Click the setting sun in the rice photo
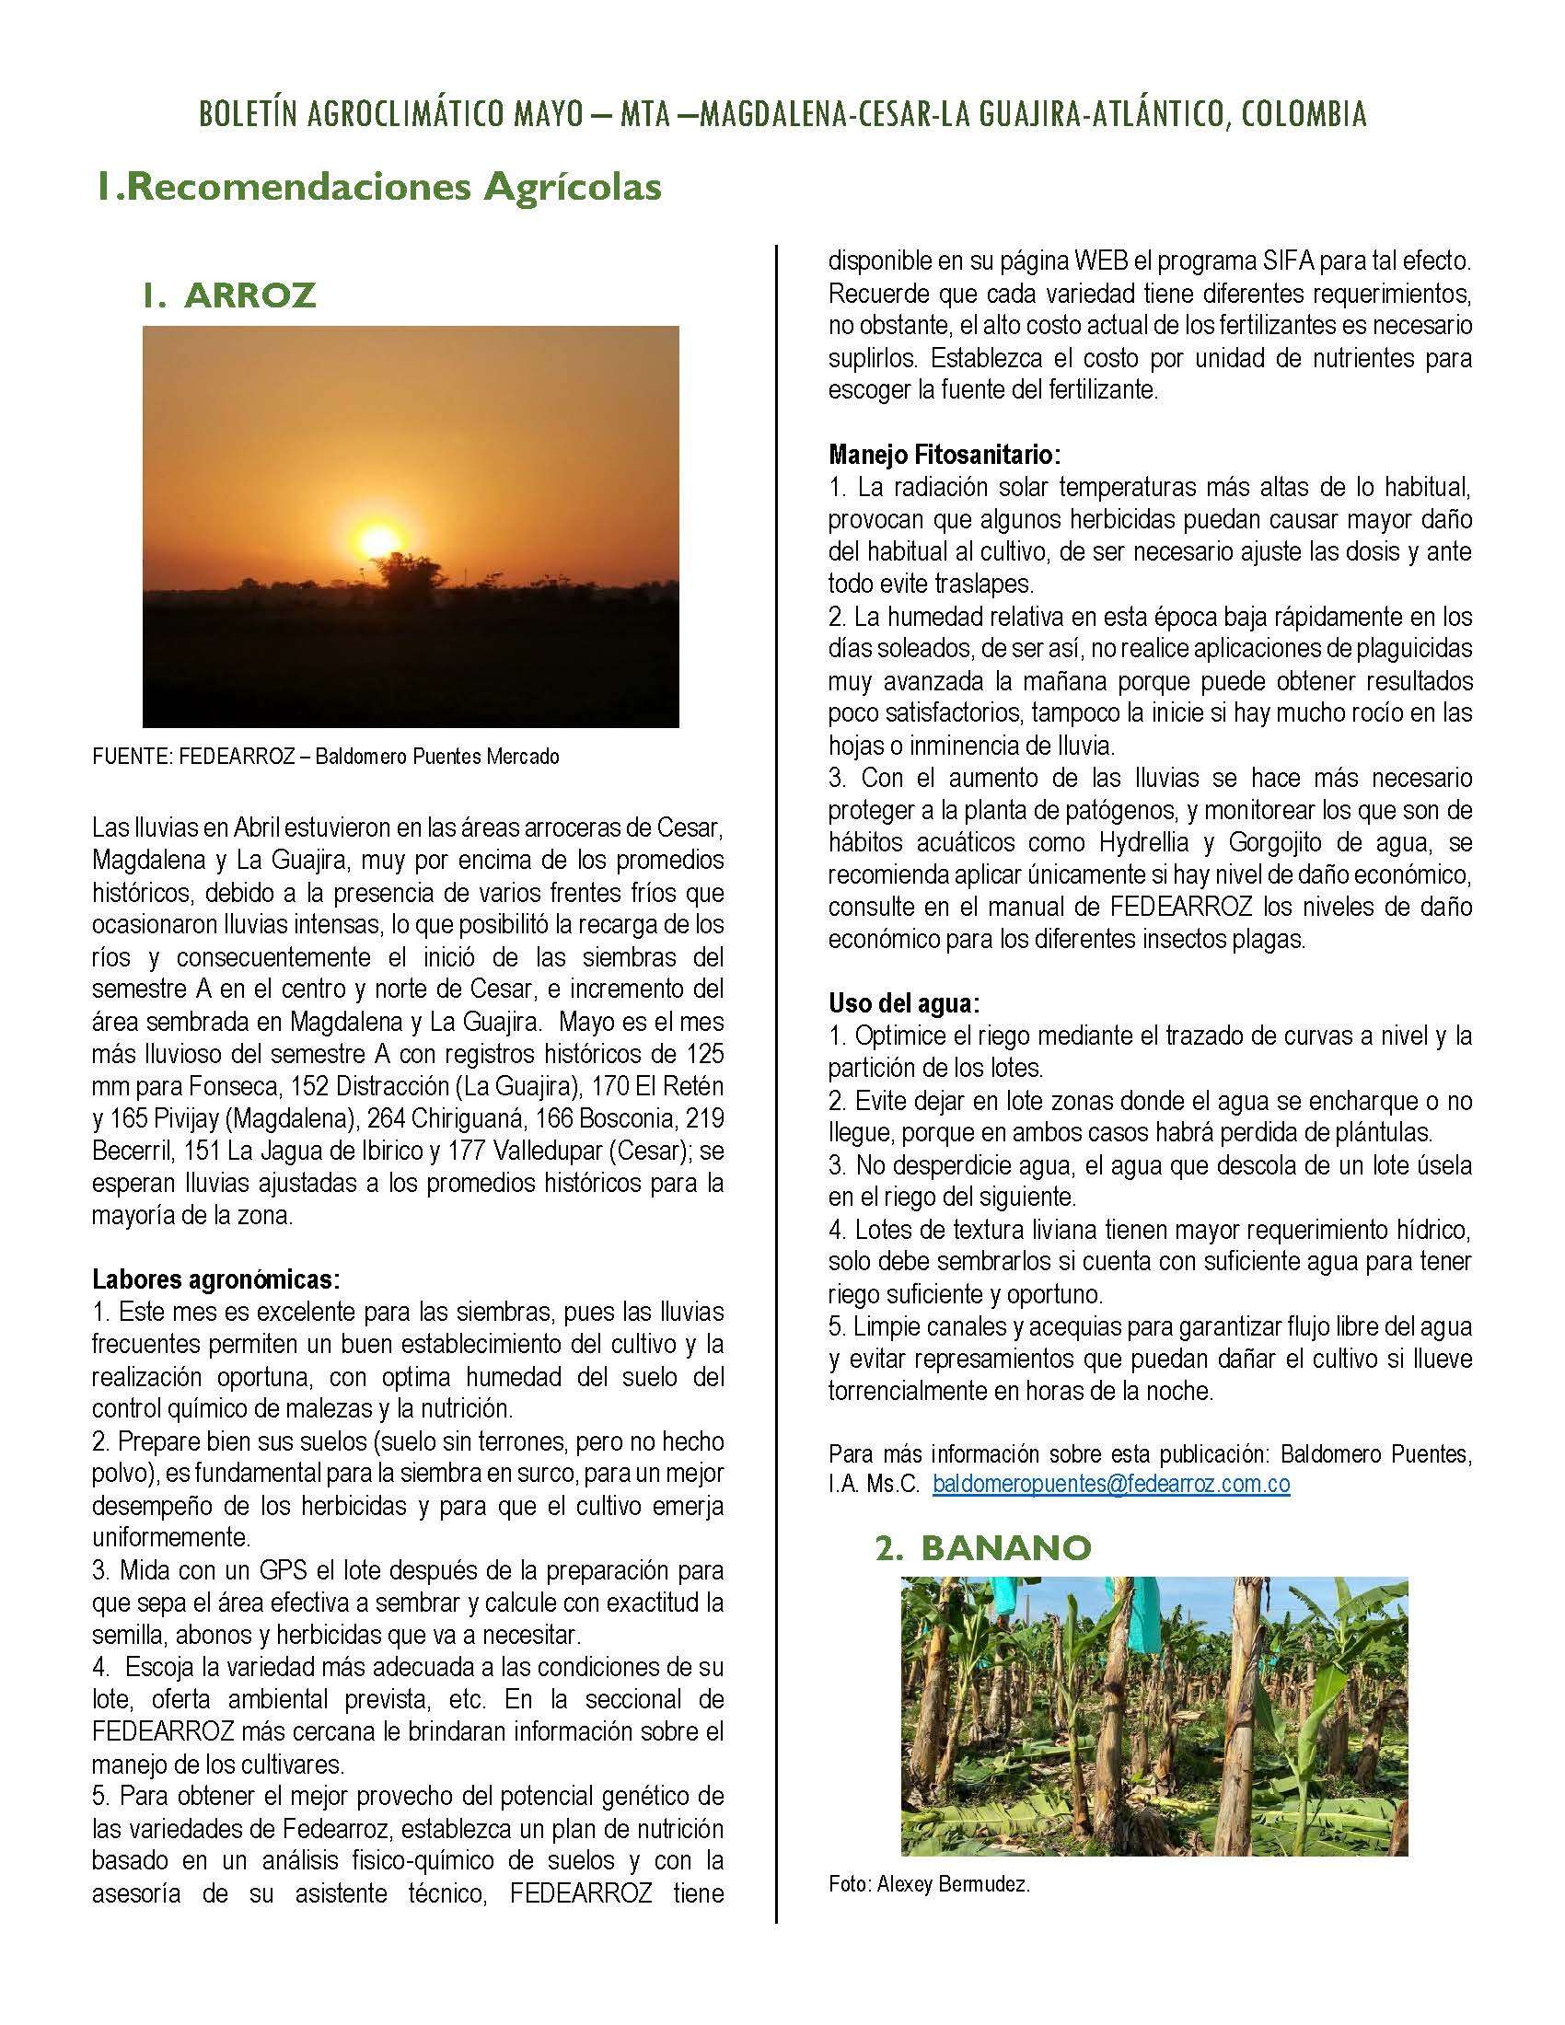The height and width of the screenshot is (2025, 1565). click(x=377, y=539)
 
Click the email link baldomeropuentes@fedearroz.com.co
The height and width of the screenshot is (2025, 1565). click(x=1111, y=1484)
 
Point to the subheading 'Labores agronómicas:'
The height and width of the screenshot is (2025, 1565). click(x=216, y=1280)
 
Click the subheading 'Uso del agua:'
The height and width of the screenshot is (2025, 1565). click(x=904, y=1003)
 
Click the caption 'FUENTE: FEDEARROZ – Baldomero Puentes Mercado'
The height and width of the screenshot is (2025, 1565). click(x=325, y=757)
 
